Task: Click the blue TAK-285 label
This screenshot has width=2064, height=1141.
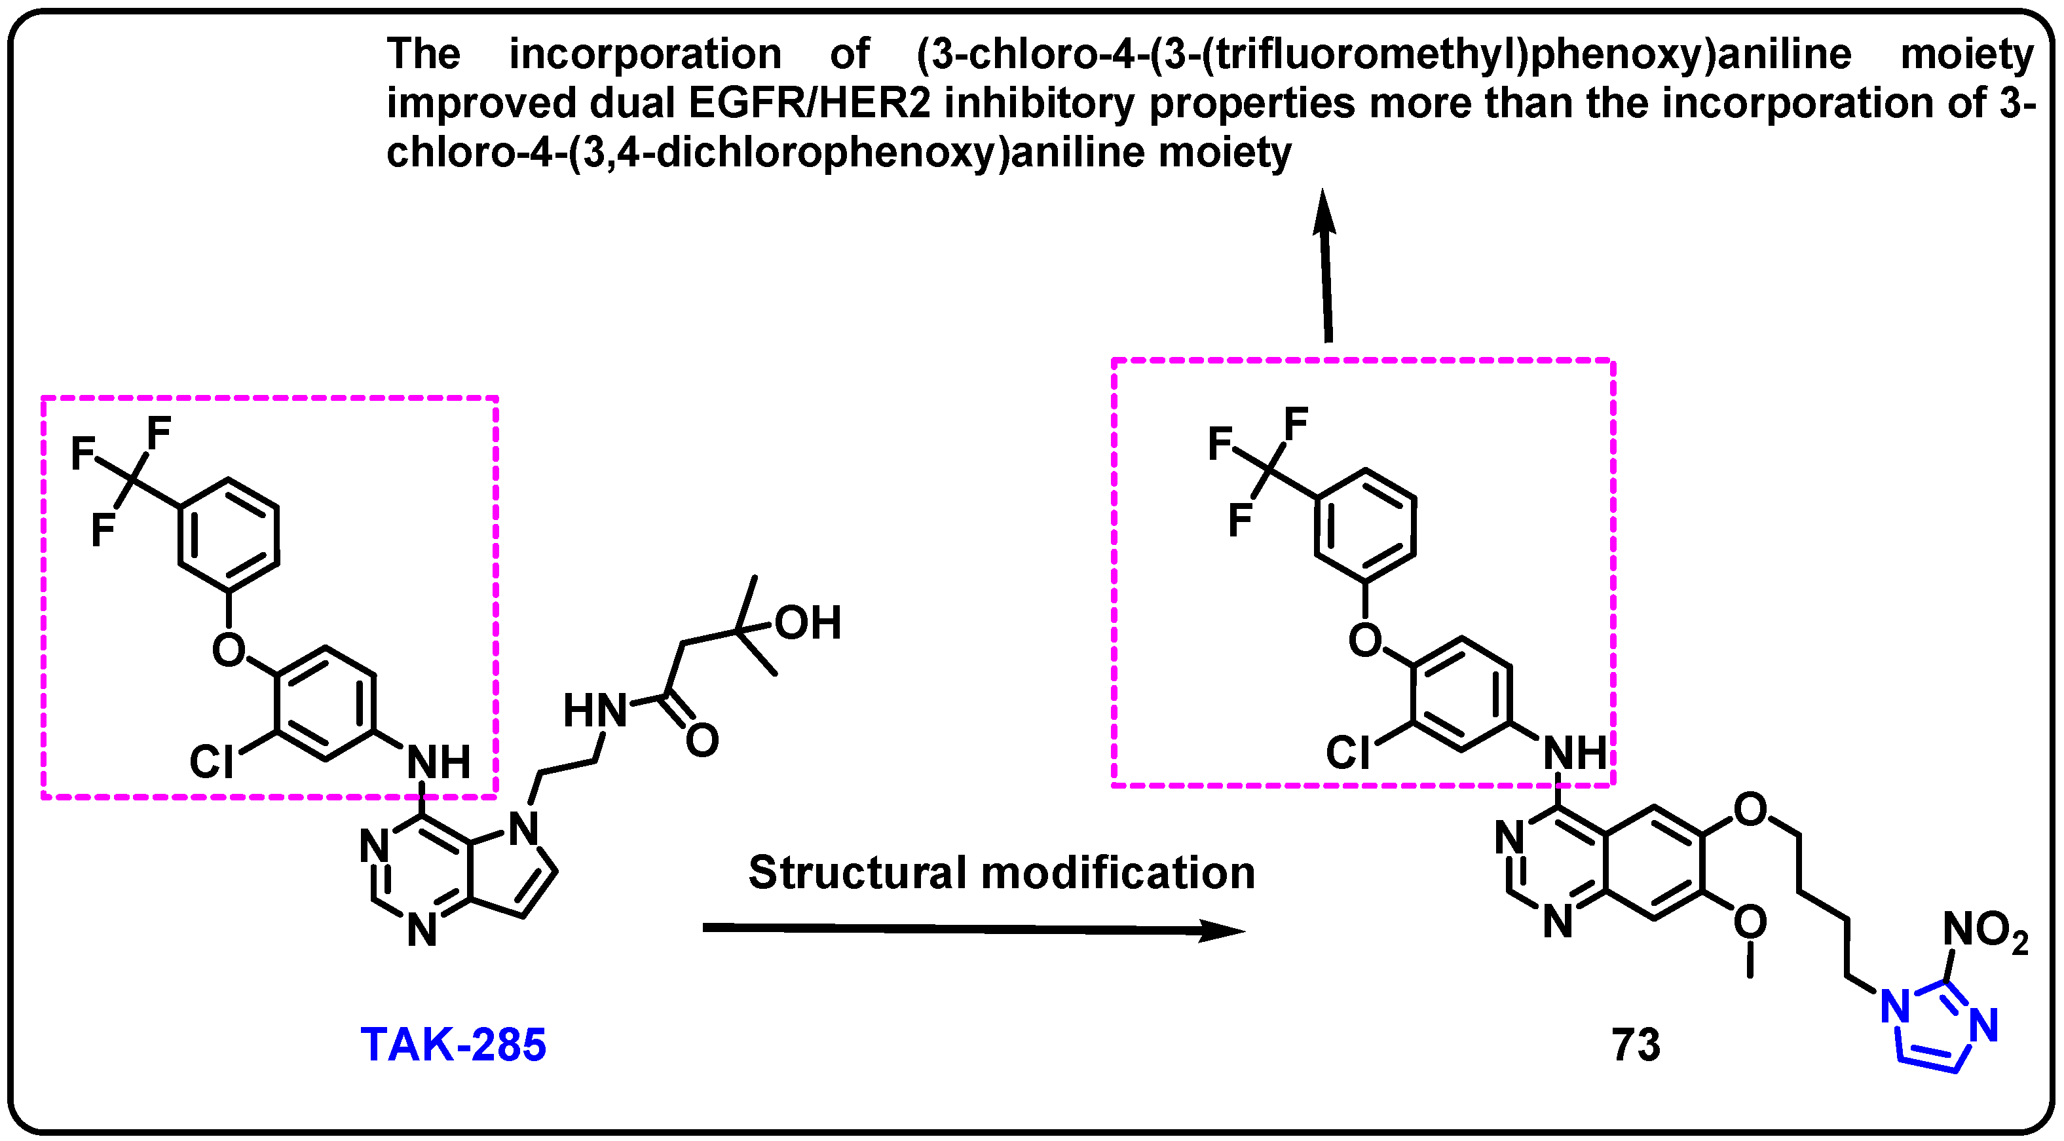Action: (453, 1045)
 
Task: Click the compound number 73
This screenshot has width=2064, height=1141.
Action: (1636, 1045)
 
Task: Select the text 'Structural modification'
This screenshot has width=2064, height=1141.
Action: (1001, 872)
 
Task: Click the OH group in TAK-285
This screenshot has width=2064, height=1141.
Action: (807, 623)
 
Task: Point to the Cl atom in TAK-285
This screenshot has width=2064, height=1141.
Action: (212, 761)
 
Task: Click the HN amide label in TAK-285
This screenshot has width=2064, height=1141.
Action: (595, 711)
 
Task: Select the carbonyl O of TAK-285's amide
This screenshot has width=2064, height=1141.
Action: (702, 740)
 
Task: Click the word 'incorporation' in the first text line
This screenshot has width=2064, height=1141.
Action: (645, 54)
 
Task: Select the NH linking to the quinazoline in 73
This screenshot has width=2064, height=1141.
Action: (1575, 753)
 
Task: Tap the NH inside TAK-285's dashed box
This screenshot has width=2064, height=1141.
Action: (438, 761)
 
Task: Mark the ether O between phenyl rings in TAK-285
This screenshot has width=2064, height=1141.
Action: (229, 649)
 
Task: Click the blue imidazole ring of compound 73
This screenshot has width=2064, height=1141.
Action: (1935, 1033)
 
